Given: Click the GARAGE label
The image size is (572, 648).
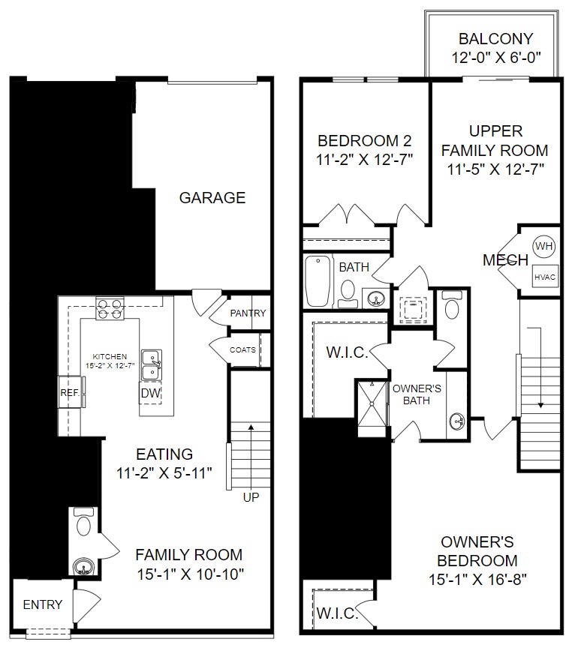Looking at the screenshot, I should [212, 198].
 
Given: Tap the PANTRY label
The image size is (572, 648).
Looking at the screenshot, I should [248, 313].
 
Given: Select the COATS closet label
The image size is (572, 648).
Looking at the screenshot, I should [242, 349].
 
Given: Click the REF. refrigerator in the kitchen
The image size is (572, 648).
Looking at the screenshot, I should [70, 392].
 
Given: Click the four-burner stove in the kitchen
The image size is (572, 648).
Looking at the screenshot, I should [109, 308].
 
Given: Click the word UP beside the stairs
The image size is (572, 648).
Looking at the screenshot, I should [251, 496].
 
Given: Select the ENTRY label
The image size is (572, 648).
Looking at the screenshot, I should [43, 604].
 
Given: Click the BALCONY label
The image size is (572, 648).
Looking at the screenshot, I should [495, 39].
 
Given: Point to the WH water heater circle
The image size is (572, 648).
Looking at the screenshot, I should [543, 246].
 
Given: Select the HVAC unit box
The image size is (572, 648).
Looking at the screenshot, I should [545, 277].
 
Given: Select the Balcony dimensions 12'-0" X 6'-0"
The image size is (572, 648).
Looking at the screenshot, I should [495, 57].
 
